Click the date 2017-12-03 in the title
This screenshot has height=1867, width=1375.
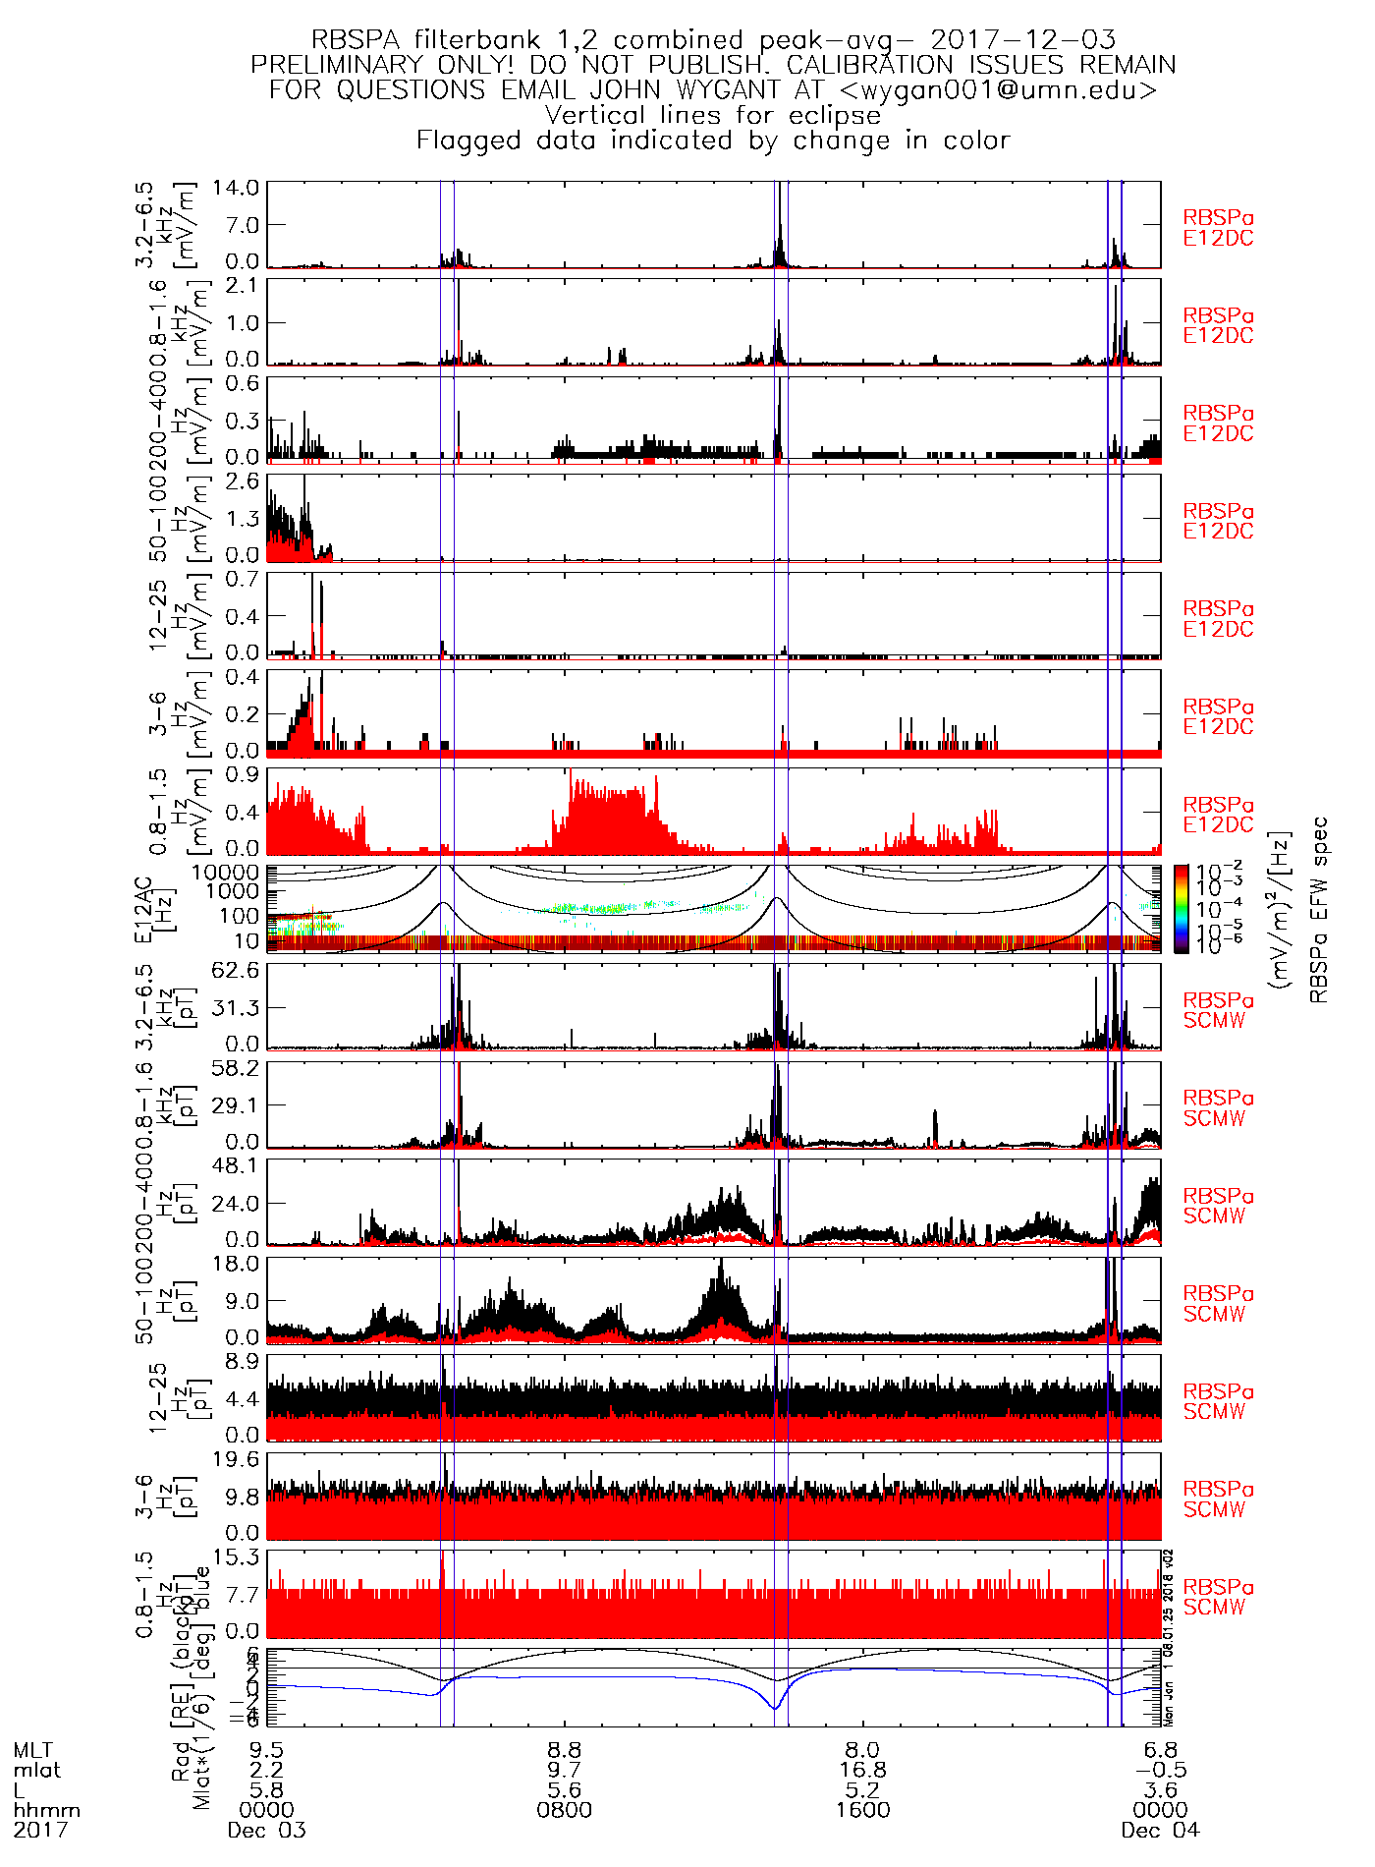pyautogui.click(x=1022, y=40)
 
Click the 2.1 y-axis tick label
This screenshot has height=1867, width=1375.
pyautogui.click(x=242, y=285)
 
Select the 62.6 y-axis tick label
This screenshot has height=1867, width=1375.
pyautogui.click(x=239, y=971)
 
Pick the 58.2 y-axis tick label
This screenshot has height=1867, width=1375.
pyautogui.click(x=239, y=1068)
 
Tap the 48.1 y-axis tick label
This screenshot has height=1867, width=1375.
pyautogui.click(x=239, y=1165)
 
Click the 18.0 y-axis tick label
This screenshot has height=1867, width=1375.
pyautogui.click(x=239, y=1264)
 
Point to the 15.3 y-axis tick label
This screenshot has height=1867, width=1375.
pyautogui.click(x=239, y=1557)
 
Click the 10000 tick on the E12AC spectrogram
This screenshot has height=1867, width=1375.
pyautogui.click(x=226, y=873)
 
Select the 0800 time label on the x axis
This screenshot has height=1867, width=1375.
pyautogui.click(x=565, y=1810)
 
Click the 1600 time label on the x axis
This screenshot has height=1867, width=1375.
pyautogui.click(x=862, y=1810)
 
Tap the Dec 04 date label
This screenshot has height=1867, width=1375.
pyautogui.click(x=1160, y=1831)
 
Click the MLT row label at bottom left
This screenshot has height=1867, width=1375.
pyautogui.click(x=32, y=1750)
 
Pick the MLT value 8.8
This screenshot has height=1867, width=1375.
pyautogui.click(x=565, y=1750)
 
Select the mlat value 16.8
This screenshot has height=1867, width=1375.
pyautogui.click(x=862, y=1770)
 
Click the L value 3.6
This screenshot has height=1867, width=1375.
pyautogui.click(x=1160, y=1790)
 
